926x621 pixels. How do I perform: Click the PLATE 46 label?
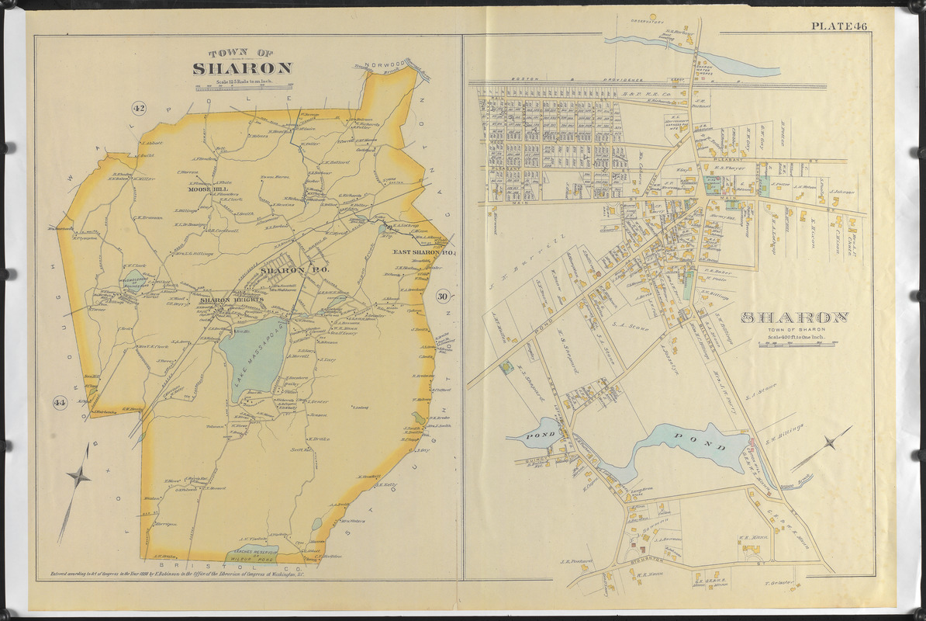click(839, 26)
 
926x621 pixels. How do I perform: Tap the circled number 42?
click(140, 108)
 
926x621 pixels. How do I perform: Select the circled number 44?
click(58, 401)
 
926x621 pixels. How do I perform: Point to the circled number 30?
click(442, 296)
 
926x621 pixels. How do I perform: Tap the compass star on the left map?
click(79, 475)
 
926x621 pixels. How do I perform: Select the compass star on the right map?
click(829, 444)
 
